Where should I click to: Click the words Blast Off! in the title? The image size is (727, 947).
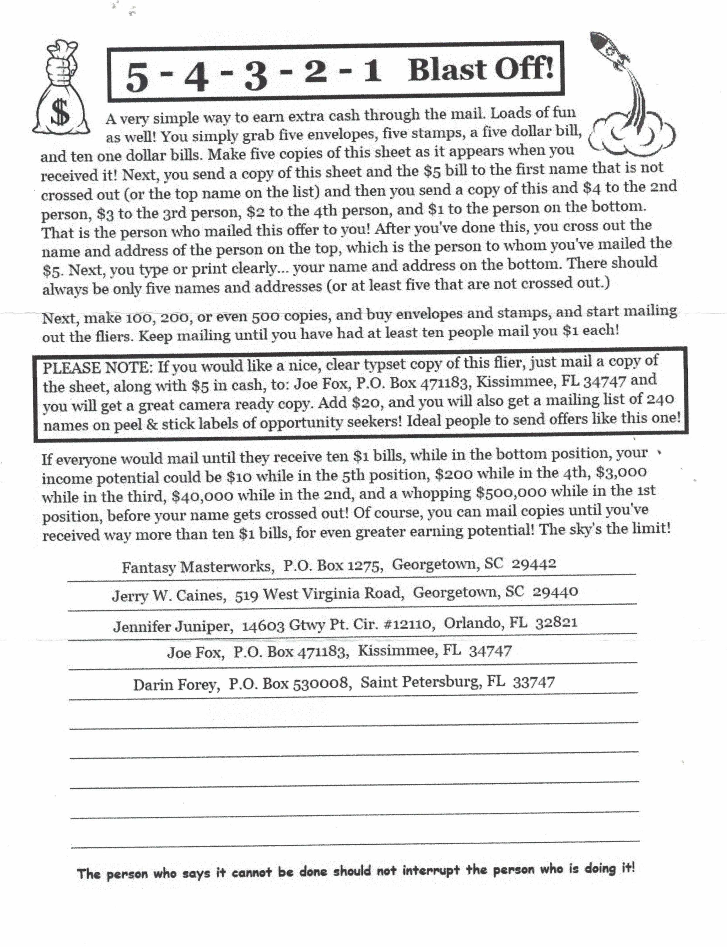pos(481,69)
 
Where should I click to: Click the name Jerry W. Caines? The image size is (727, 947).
pos(169,596)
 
